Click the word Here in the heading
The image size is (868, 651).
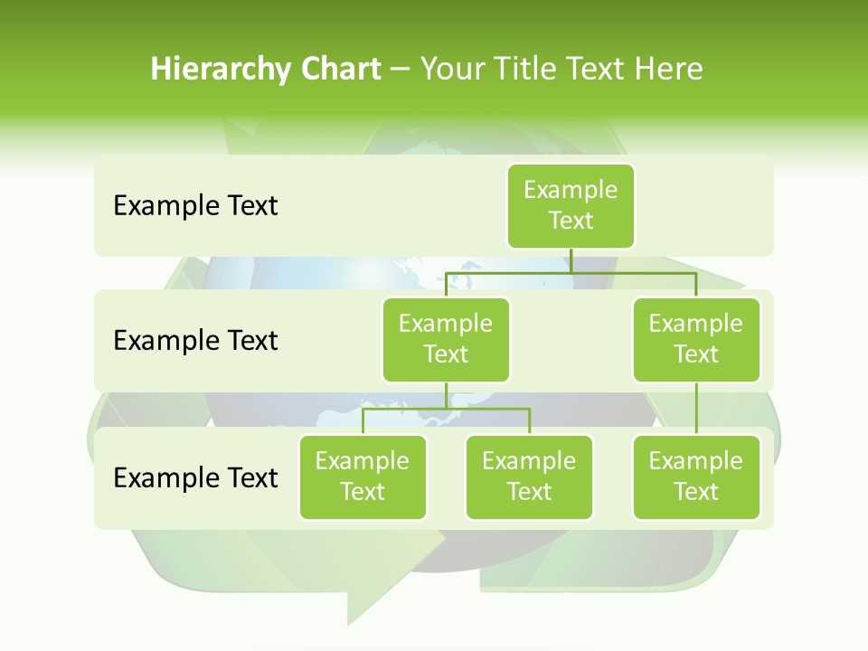[669, 69]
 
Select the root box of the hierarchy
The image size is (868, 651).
[571, 205]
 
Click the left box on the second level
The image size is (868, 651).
[446, 339]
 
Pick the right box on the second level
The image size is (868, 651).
[696, 339]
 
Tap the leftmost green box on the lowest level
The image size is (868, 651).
[363, 476]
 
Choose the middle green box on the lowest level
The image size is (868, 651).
[529, 476]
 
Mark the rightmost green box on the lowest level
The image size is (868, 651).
[696, 476]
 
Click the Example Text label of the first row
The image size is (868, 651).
[195, 206]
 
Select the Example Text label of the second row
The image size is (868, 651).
[195, 341]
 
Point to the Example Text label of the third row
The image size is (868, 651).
[195, 477]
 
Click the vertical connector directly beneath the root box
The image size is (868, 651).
[571, 260]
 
